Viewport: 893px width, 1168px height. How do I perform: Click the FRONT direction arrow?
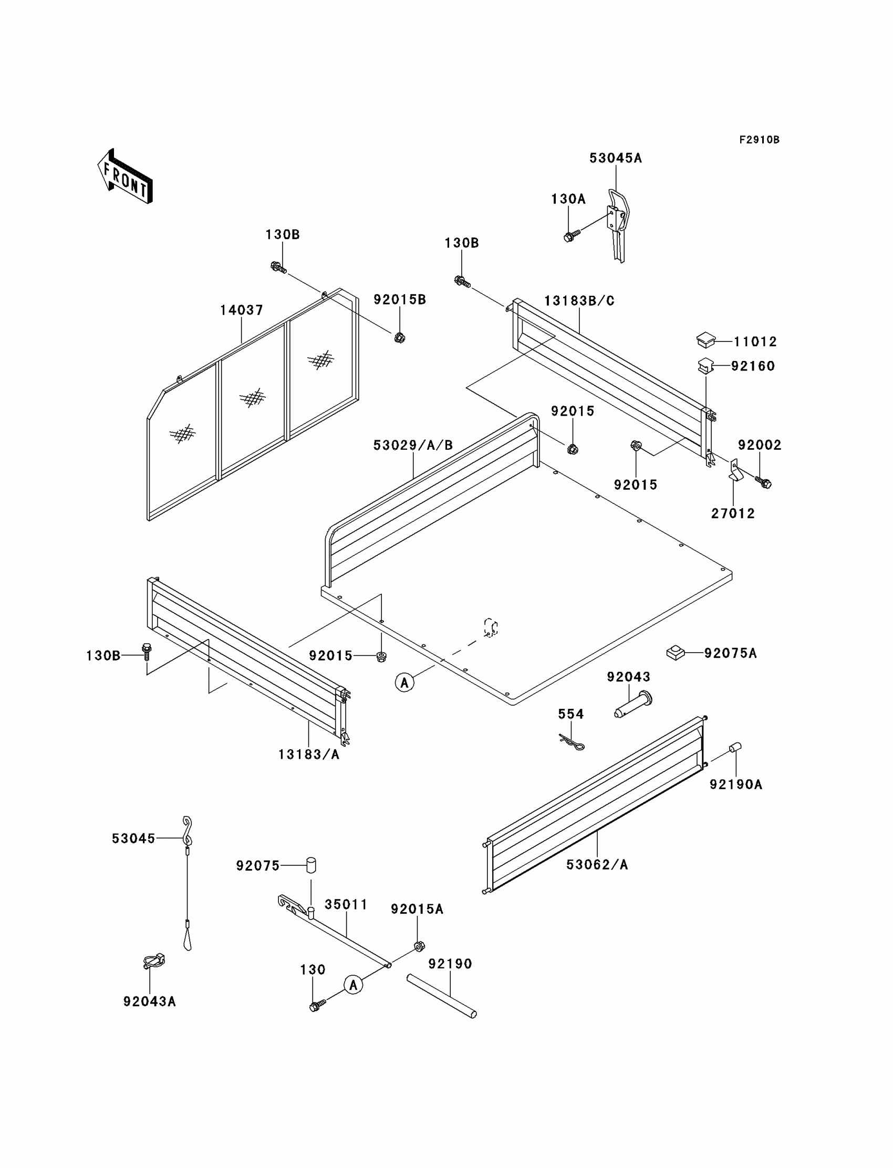pyautogui.click(x=125, y=177)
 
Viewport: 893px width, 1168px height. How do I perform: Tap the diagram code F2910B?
pyautogui.click(x=759, y=140)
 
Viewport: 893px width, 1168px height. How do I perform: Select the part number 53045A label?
pyautogui.click(x=616, y=159)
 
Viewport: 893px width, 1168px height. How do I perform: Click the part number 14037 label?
pyautogui.click(x=242, y=310)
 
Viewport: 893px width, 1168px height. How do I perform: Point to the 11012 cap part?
pyautogui.click(x=705, y=340)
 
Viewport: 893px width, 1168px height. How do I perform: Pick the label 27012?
pyautogui.click(x=733, y=513)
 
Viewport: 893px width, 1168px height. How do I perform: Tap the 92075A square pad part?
pyautogui.click(x=675, y=653)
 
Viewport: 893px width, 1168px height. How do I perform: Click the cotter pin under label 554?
pyautogui.click(x=572, y=742)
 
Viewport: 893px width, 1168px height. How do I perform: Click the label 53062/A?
pyautogui.click(x=597, y=865)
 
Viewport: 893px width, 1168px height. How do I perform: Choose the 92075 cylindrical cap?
pyautogui.click(x=311, y=865)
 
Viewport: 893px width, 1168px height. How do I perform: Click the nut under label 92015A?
pyautogui.click(x=419, y=946)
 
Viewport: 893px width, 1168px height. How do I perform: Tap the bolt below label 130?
pyautogui.click(x=317, y=1005)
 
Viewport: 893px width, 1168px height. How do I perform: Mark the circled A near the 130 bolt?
pyautogui.click(x=354, y=985)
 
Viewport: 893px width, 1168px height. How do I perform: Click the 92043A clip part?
pyautogui.click(x=153, y=961)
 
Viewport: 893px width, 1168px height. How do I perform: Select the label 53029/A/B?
pyautogui.click(x=413, y=446)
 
